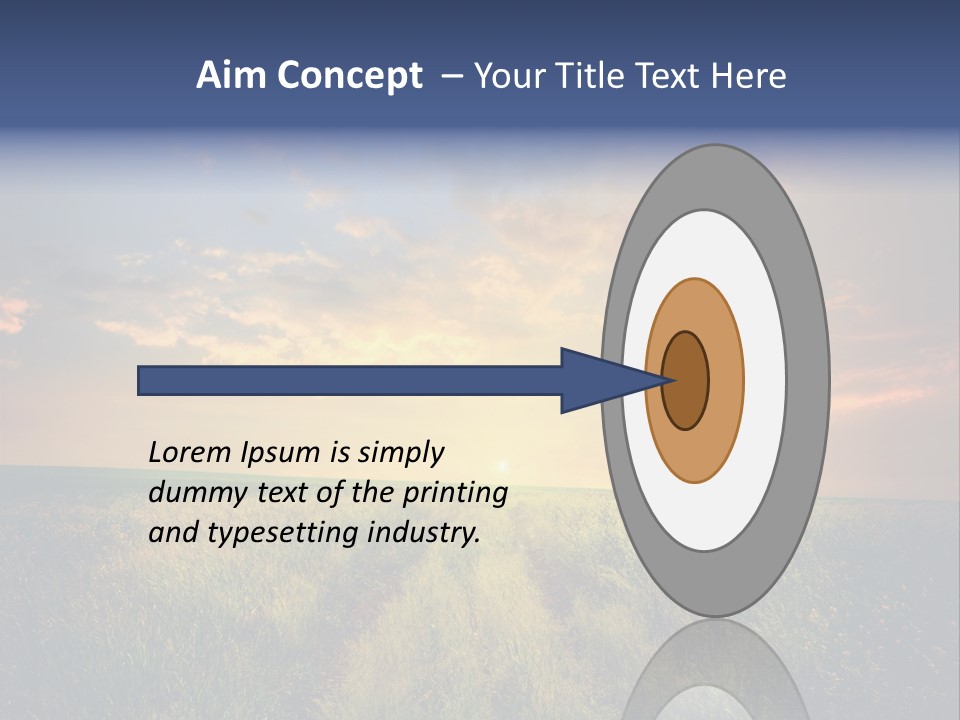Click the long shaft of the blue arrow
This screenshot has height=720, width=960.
[x=350, y=380]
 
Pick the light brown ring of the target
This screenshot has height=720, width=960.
[x=725, y=380]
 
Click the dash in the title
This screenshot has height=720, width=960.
[x=452, y=76]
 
